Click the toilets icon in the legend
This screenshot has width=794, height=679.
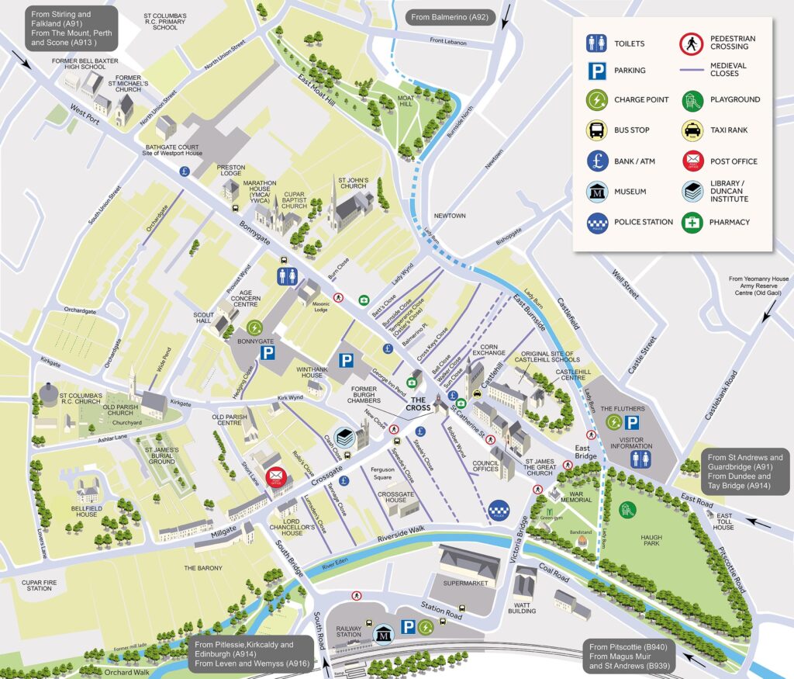[596, 43]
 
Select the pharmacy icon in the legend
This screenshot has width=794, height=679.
[692, 223]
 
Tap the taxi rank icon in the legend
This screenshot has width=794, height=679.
[692, 130]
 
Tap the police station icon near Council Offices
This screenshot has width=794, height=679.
[500, 509]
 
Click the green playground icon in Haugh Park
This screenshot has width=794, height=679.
[627, 509]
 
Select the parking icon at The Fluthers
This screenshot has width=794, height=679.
[633, 423]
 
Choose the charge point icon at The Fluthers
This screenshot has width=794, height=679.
[614, 423]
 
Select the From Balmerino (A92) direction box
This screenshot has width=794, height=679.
[449, 17]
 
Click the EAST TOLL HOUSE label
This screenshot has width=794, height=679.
[724, 521]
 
